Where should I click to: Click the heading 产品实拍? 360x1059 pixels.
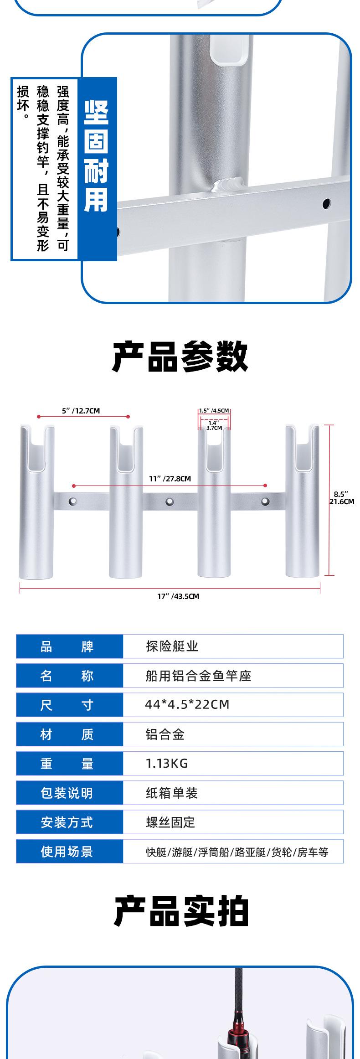point(181,912)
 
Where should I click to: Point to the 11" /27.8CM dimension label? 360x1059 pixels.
point(170,479)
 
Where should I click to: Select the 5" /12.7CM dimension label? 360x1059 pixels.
point(81,411)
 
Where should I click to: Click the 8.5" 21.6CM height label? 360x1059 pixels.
point(342,498)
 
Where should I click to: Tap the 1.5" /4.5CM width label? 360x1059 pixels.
point(214,411)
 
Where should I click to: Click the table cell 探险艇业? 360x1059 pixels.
point(172,646)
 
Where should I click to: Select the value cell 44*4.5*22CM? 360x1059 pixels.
point(187,704)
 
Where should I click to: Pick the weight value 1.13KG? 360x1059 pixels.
point(167,763)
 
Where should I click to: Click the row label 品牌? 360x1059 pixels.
point(67,646)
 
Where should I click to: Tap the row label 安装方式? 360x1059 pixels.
point(67,822)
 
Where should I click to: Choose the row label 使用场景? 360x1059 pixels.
point(67,851)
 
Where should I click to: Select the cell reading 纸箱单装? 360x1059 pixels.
point(172,793)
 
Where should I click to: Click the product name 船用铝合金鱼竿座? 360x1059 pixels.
point(199,675)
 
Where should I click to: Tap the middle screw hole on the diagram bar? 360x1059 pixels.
point(170,501)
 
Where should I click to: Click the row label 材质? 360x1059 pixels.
point(67,734)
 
